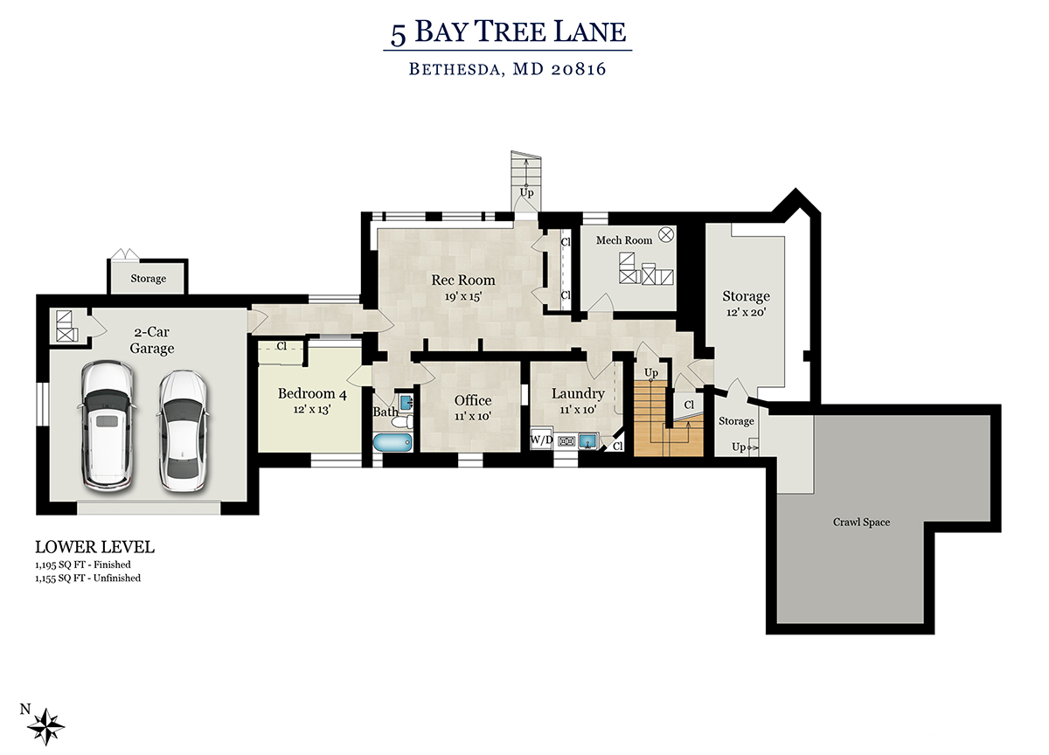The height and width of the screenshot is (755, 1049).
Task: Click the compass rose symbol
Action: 45,727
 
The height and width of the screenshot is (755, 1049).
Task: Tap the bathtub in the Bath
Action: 393,442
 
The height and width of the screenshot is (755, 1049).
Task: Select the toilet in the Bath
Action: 402,422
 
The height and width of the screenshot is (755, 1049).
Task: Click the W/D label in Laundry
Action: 541,440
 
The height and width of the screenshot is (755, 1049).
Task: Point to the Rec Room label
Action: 462,280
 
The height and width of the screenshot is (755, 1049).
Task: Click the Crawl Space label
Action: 861,522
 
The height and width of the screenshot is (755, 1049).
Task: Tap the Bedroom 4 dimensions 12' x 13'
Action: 312,409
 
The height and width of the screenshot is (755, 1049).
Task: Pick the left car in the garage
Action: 107,426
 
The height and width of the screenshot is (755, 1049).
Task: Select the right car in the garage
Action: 183,431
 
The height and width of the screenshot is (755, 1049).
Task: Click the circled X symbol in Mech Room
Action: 665,234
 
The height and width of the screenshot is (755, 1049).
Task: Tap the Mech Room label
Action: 624,240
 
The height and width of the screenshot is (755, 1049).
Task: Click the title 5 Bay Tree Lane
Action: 508,32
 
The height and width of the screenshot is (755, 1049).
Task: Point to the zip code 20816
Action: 579,69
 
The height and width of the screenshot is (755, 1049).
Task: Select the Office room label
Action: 473,400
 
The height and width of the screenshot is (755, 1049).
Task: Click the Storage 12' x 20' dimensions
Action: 746,312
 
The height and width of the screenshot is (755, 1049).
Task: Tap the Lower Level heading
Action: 94,547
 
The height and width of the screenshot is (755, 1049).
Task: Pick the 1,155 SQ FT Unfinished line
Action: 88,578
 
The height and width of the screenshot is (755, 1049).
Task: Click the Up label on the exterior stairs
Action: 526,193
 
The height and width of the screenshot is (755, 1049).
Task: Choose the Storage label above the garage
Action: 148,279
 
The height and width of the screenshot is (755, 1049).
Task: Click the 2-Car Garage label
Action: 152,340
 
